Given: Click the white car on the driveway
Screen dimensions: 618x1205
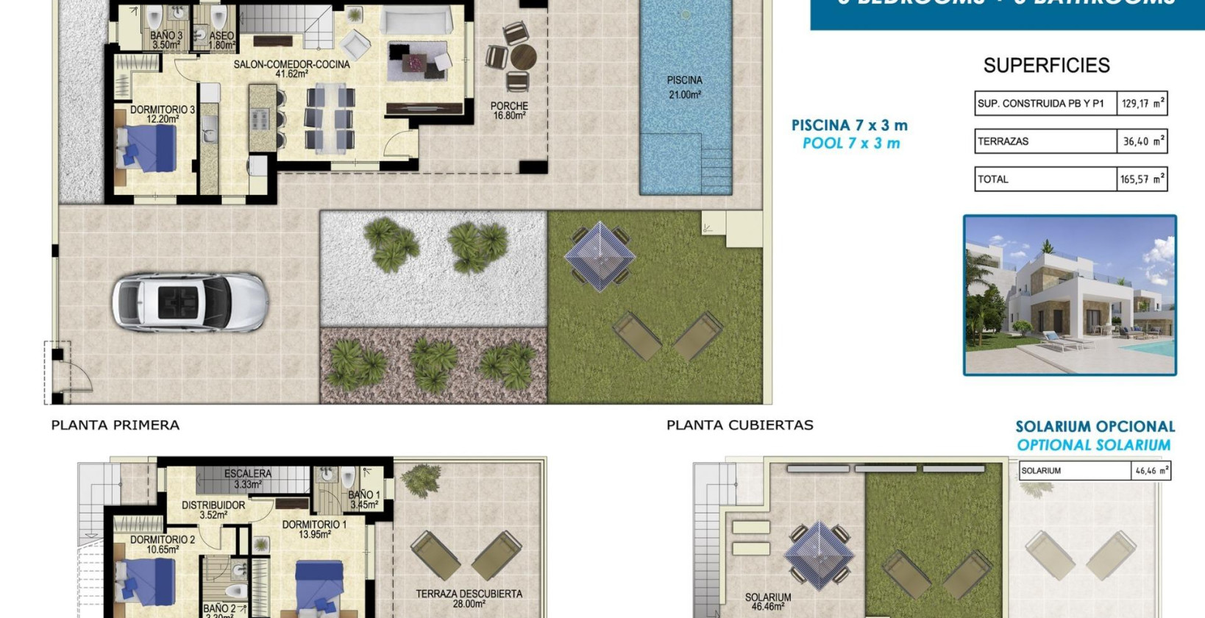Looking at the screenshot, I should [x=190, y=302].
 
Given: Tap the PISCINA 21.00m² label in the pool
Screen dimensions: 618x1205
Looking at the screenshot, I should [x=684, y=87].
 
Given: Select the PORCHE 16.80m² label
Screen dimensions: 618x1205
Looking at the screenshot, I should [x=509, y=110].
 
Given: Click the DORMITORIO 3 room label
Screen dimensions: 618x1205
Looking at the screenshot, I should [x=163, y=114].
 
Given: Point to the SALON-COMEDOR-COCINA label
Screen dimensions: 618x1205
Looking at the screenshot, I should [x=291, y=68].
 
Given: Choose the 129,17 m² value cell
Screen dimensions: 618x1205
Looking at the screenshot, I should [x=1142, y=104].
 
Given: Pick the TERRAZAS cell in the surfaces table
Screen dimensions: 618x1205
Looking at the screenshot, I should [x=1045, y=141].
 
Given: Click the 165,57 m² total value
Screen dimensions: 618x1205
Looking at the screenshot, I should [x=1142, y=179].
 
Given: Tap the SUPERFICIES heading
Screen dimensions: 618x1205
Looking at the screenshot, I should [x=1046, y=65].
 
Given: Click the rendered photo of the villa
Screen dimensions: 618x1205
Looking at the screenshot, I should [x=1070, y=295].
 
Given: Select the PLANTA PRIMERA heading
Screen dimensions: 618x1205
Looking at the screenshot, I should [x=115, y=425].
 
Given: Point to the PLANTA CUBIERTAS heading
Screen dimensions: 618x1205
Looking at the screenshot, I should [x=739, y=425].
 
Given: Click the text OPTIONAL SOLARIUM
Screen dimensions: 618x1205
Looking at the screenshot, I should [x=1093, y=445].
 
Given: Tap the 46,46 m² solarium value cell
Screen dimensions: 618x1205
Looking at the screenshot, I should [x=1151, y=471].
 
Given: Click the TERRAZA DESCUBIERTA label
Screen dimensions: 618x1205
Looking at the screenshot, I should [x=469, y=598].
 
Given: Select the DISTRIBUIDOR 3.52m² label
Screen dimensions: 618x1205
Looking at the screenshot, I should [x=213, y=510].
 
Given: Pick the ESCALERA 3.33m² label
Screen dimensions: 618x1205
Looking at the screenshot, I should [x=248, y=479].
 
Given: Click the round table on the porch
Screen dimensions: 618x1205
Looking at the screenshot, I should [x=523, y=57].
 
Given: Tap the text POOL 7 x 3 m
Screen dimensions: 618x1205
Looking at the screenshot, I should [x=851, y=143].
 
